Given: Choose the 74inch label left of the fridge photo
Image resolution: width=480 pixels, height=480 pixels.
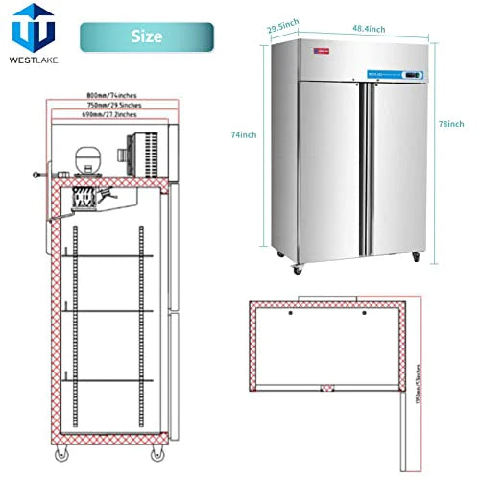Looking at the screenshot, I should (x=246, y=134).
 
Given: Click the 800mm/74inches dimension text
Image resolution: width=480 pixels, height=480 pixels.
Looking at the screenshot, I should (x=108, y=97).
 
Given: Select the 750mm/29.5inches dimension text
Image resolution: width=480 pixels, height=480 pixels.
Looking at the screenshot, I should (x=108, y=107).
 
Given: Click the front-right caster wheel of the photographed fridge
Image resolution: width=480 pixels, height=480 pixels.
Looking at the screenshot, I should (x=416, y=257).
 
